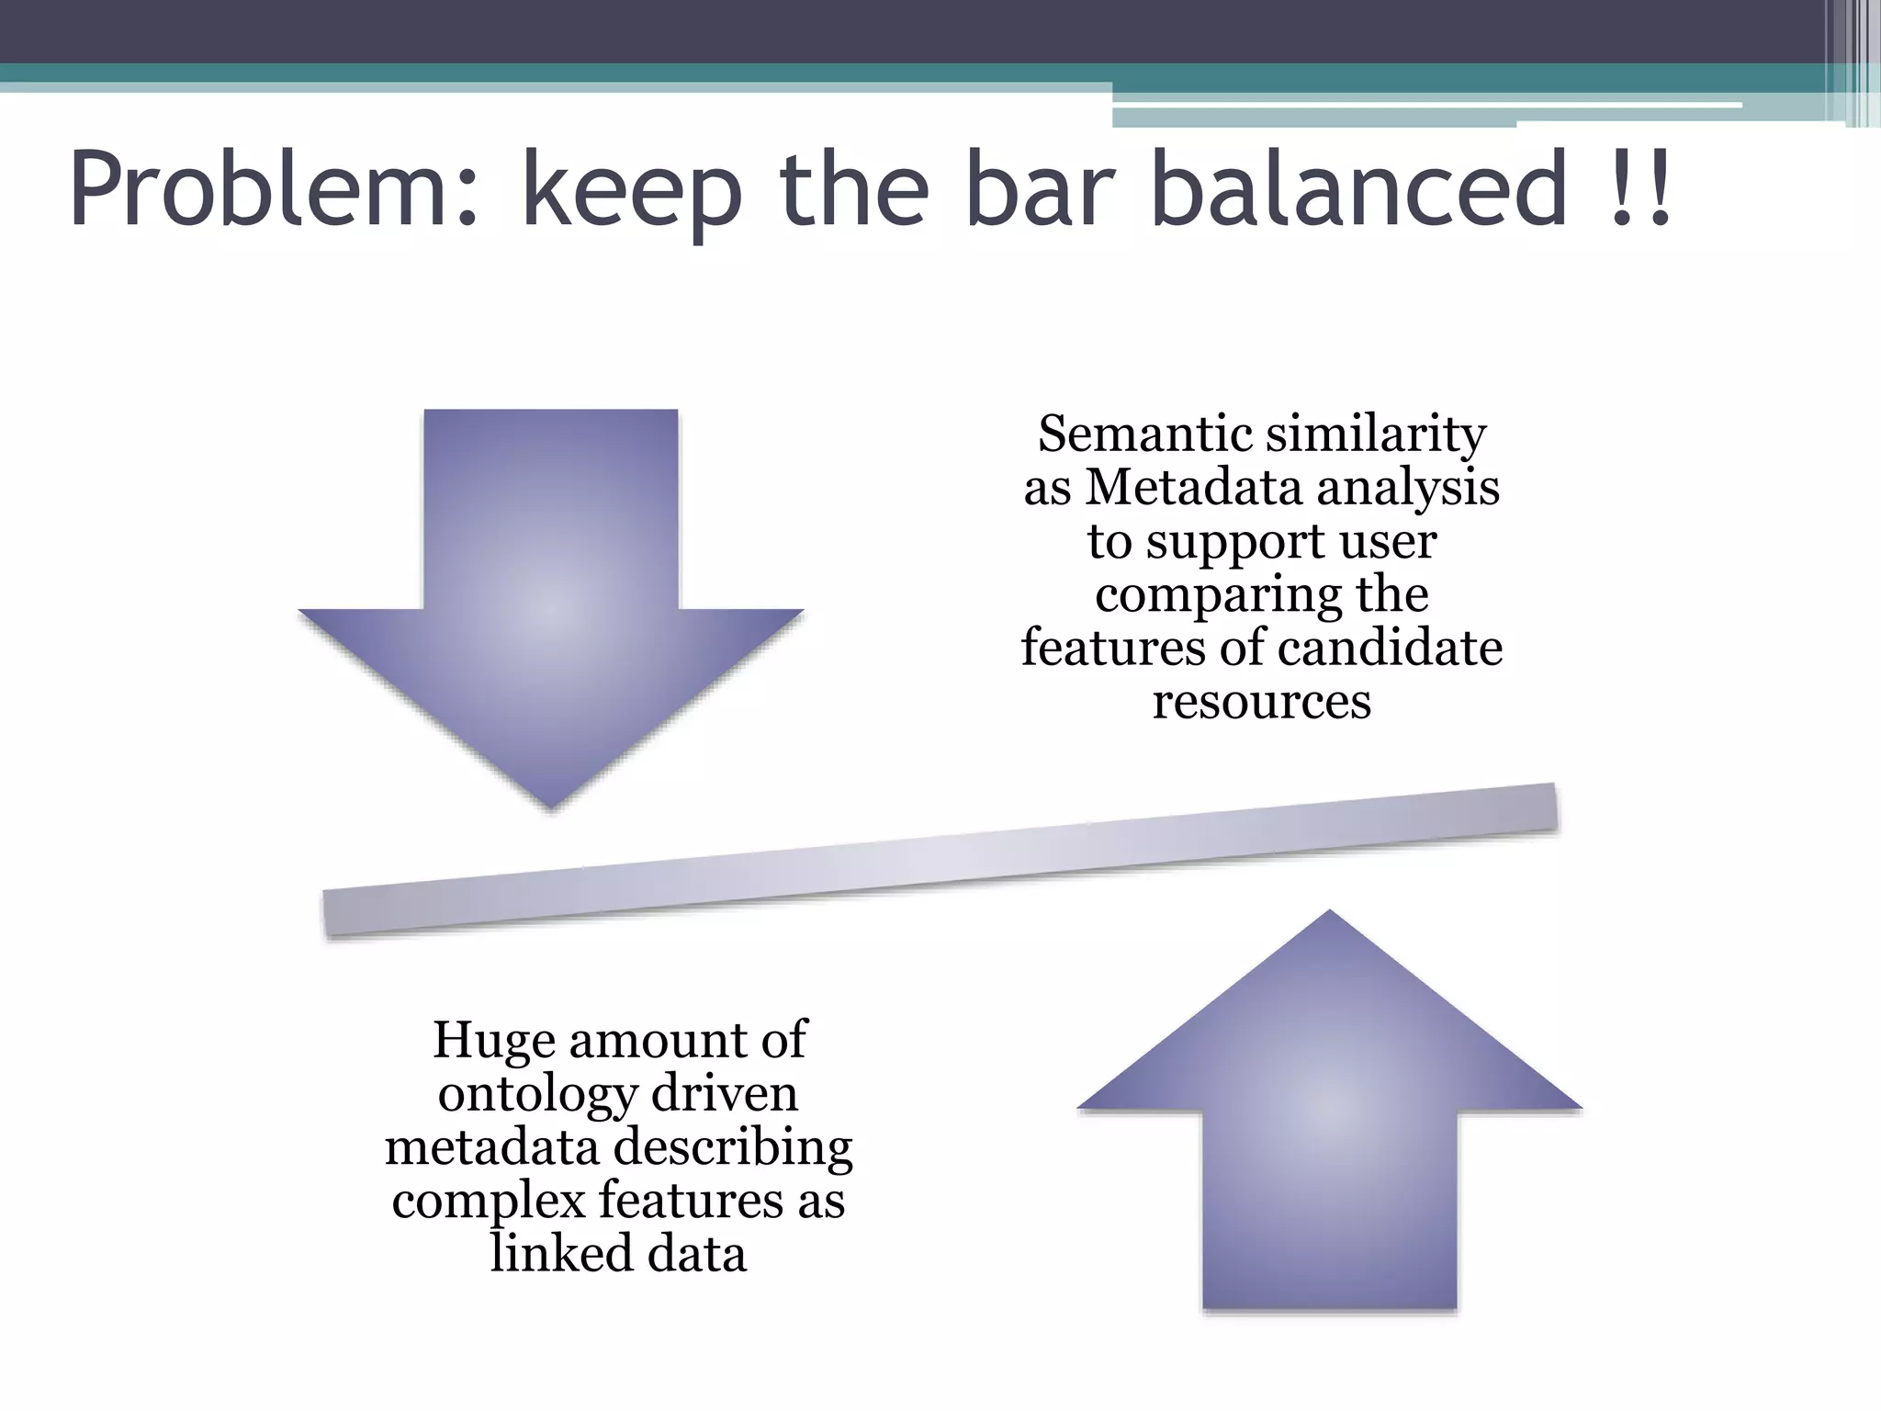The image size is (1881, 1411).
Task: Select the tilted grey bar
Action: [x=940, y=860]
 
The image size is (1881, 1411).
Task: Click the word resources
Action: [x=1261, y=702]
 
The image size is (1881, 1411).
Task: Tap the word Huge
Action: [x=493, y=1042]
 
